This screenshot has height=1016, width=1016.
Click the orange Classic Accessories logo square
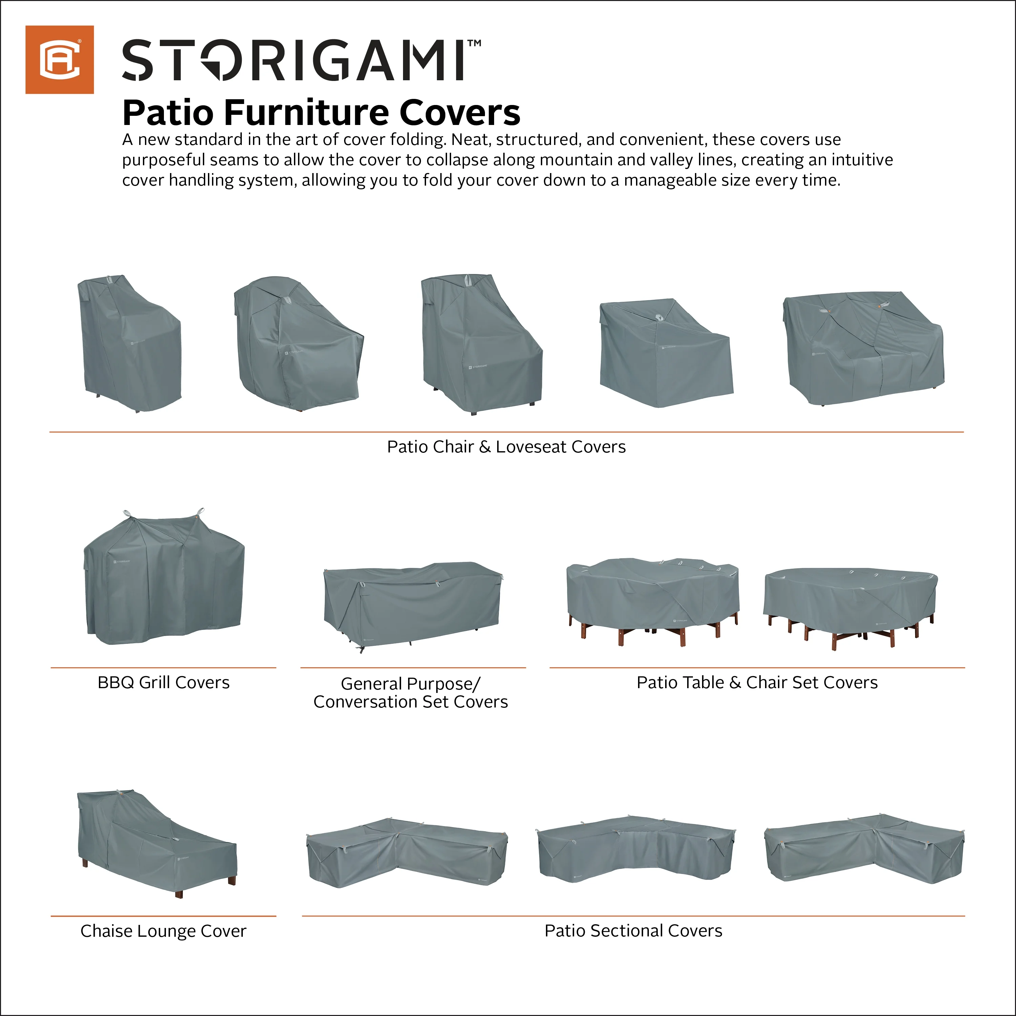click(59, 59)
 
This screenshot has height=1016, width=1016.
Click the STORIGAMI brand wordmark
click(293, 61)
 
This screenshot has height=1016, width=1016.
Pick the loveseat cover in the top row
click(863, 347)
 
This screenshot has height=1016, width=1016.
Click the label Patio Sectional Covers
click(633, 930)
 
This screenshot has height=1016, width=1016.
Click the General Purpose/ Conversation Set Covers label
click(411, 693)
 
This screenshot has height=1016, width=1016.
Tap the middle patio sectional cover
click(636, 849)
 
